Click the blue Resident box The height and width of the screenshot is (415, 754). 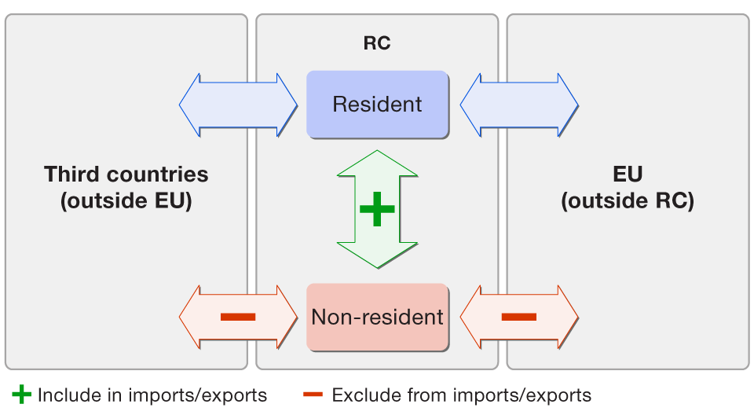[377, 105]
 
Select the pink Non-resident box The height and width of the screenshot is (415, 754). [377, 318]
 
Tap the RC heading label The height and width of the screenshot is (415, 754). [377, 44]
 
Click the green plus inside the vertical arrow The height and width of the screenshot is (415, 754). [377, 209]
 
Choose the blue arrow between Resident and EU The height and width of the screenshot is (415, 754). [519, 105]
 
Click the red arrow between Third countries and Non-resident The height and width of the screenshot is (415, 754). [238, 318]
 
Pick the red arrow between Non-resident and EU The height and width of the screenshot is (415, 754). [519, 318]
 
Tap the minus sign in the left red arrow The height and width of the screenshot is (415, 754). [238, 318]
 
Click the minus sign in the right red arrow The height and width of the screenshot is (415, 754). [519, 318]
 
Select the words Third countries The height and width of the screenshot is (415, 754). [126, 174]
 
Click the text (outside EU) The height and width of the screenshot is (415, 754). [126, 201]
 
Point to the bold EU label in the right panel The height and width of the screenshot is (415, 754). [628, 174]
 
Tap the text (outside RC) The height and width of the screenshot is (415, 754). [628, 201]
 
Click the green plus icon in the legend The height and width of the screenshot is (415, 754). [23, 395]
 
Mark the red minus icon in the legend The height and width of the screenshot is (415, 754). [312, 395]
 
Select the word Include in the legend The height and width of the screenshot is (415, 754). [64, 395]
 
